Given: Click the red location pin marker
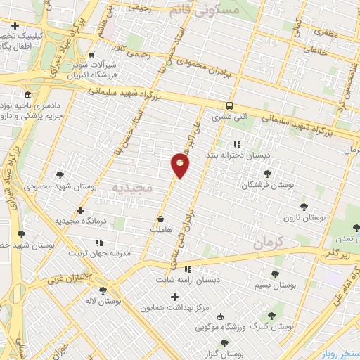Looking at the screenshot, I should pos(180,165).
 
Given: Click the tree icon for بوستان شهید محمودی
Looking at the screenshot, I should pos(59,175).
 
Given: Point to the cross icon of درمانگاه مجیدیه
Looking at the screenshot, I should pos(81,210).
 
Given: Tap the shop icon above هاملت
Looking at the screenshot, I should pos(161,219).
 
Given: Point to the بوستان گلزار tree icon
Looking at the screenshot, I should pos(224,343).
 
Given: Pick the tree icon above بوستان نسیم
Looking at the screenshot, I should pos(274,275).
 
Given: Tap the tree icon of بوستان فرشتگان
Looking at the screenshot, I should pos(266,173).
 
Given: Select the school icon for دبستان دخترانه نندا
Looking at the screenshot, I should pos(226,144).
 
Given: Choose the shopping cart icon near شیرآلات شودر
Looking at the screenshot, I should pos(92,54).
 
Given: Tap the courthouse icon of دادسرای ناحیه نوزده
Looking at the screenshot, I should pos(27,96).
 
